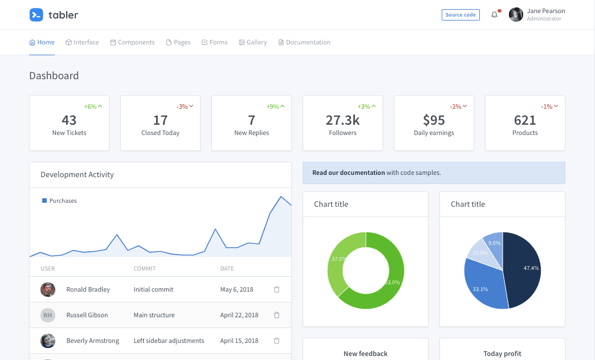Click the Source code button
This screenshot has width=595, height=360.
click(460, 15)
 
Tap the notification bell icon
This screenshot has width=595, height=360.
click(494, 15)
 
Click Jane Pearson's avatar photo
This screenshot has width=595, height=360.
click(516, 15)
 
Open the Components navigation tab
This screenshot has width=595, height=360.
click(132, 42)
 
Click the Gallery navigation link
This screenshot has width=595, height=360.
click(252, 42)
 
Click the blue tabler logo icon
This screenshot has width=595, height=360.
click(36, 15)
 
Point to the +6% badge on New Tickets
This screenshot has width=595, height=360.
click(93, 107)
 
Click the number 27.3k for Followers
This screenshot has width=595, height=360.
click(343, 120)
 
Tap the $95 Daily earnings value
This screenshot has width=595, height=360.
click(434, 120)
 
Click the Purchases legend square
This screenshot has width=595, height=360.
click(44, 201)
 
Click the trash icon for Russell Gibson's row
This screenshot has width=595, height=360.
click(276, 315)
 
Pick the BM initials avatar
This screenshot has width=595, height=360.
click(48, 315)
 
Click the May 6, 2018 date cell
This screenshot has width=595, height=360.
click(237, 289)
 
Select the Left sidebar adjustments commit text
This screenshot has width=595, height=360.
click(169, 341)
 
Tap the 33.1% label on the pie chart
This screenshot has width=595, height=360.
click(480, 289)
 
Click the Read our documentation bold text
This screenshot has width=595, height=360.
click(348, 173)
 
